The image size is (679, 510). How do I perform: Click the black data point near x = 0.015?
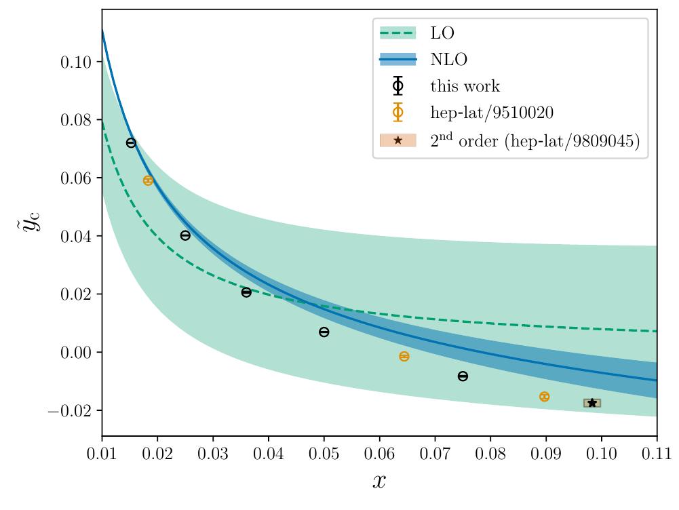pos(131,143)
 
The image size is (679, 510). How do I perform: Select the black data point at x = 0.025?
pos(185,235)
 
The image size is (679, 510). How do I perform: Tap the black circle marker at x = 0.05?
pos(324,332)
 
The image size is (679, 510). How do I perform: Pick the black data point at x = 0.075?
pos(463,376)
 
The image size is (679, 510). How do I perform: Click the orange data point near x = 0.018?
pos(148,180)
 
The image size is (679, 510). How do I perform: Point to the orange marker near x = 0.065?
pos(404,356)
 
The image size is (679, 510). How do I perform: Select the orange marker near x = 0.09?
pos(544,397)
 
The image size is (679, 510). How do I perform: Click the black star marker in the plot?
pos(591,403)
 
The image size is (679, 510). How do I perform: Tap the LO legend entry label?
pos(442,33)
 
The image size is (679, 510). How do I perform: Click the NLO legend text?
pos(448,60)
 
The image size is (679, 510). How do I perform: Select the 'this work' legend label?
pos(465,87)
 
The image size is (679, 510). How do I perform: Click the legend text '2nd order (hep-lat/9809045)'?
pos(535,141)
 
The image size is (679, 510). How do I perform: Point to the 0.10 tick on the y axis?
pos(76,62)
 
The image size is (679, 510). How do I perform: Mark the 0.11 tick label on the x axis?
pos(656,452)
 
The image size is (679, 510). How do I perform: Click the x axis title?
pos(379,482)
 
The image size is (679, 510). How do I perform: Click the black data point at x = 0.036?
pos(246,292)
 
